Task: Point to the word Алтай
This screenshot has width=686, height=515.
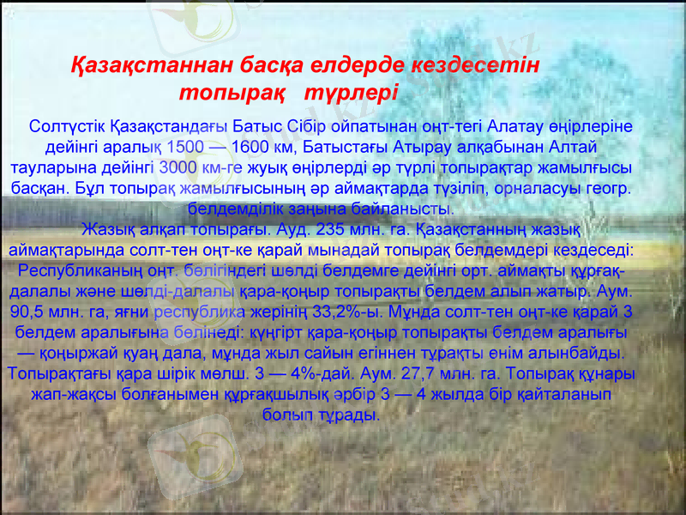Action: point(569,146)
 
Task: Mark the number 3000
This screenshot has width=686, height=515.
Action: point(182,167)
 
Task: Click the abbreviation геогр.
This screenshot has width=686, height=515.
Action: point(611,187)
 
